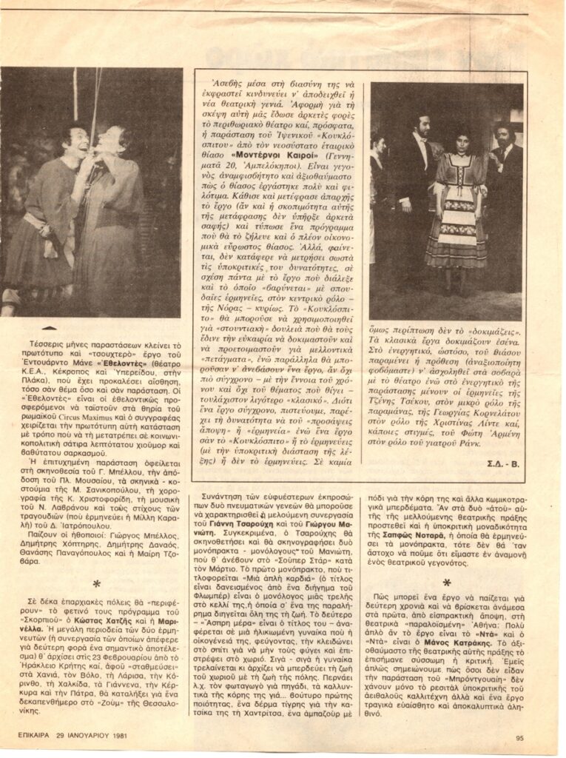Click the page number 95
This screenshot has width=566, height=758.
[x=519, y=737]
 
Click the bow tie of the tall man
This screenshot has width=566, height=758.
[x=422, y=136]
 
